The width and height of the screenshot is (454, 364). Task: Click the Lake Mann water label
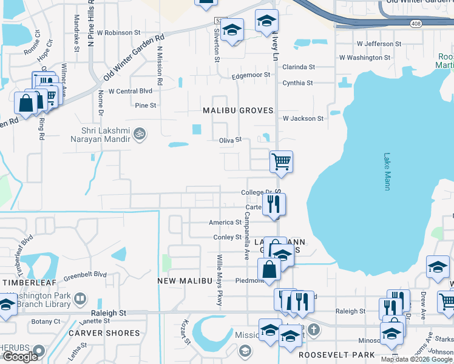387,171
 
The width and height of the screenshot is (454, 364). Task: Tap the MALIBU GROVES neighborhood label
238,111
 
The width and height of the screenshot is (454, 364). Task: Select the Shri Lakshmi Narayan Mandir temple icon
140,133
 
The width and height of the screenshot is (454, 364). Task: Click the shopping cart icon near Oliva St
281,162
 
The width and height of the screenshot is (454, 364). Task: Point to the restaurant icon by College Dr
273,204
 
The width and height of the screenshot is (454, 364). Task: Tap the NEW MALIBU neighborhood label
185,281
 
